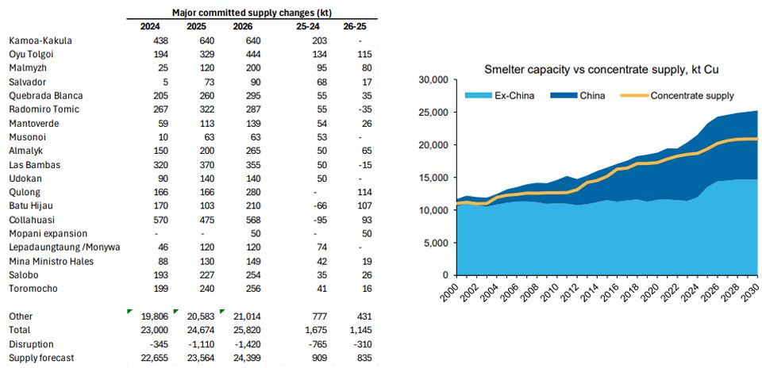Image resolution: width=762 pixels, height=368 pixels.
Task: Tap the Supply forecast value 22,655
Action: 148,358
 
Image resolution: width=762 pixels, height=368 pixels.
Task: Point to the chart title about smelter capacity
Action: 602,71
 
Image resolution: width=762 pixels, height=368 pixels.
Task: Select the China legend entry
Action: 592,96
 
